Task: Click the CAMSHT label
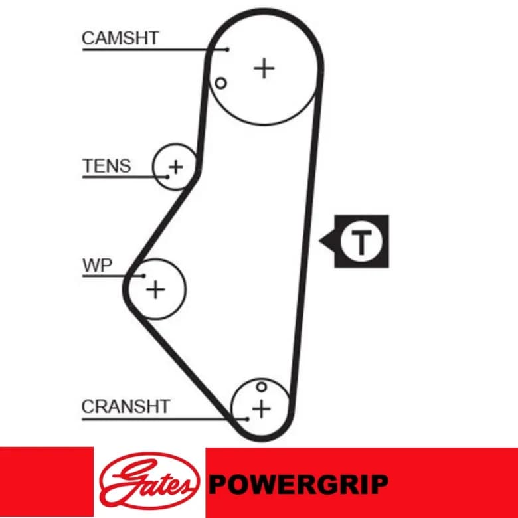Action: [120, 38]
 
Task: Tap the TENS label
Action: [106, 166]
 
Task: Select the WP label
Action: [97, 265]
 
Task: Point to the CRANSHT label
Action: [126, 406]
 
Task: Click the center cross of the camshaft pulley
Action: [264, 68]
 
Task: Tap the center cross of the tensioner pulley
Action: [176, 167]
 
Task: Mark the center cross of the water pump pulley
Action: [155, 290]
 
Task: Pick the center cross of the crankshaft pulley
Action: [261, 410]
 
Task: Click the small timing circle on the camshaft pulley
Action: [220, 83]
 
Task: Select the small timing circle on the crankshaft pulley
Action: [261, 387]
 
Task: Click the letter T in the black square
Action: [361, 242]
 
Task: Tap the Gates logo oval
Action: [149, 481]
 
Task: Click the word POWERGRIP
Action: [298, 484]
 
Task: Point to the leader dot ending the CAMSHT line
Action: [227, 50]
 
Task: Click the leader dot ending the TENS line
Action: [167, 177]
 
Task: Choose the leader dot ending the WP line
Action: [143, 276]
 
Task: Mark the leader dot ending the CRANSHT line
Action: [247, 419]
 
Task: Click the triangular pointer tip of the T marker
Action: [319, 240]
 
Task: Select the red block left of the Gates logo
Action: [46, 482]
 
